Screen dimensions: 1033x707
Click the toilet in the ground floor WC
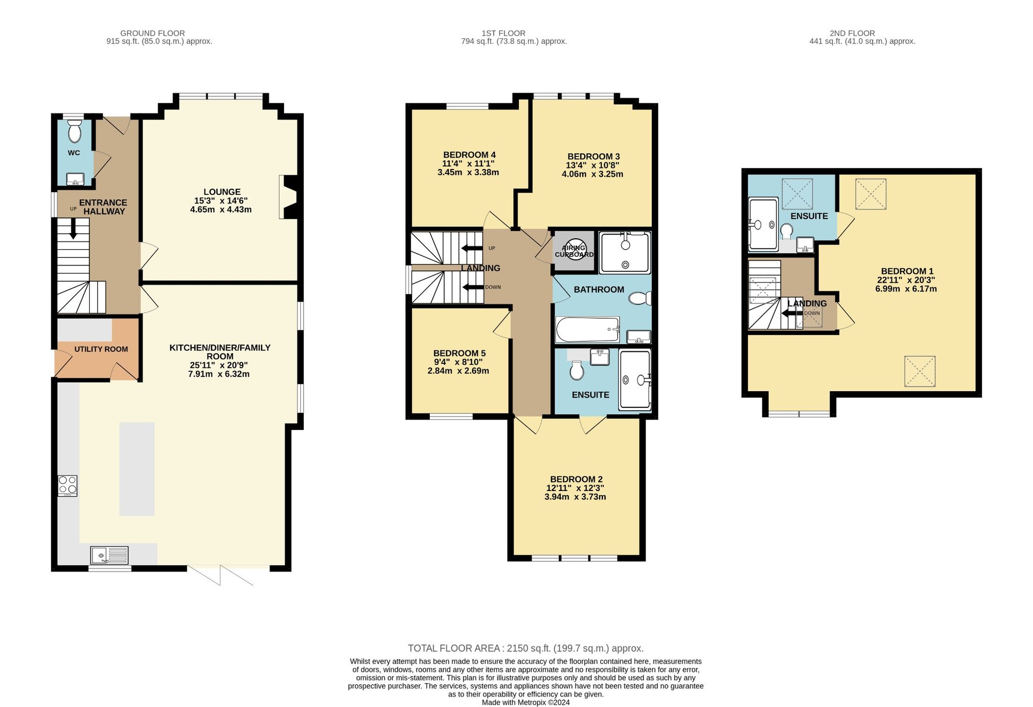[x=75, y=131]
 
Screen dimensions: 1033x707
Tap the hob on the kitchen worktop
[x=68, y=486]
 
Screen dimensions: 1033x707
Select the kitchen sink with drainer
[x=109, y=556]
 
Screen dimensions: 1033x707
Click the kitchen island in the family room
[x=137, y=469]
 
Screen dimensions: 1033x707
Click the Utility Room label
[x=101, y=349]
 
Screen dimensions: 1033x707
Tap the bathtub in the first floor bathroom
[x=587, y=330]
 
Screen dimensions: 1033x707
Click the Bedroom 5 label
[x=459, y=353]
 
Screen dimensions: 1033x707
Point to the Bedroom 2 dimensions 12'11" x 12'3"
[x=575, y=488]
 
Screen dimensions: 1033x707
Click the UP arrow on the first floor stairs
[x=472, y=248]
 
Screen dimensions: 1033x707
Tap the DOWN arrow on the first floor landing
[x=473, y=287]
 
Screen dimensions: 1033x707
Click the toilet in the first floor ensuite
[x=576, y=370]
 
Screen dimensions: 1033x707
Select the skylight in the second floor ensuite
[x=797, y=194]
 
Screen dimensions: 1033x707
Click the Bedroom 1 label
[x=907, y=271]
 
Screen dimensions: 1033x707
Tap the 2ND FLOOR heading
[x=852, y=33]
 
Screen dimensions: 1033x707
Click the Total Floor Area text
[x=526, y=648]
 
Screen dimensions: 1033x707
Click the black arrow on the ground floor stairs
[x=73, y=228]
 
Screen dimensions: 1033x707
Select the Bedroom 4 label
[x=469, y=155]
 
